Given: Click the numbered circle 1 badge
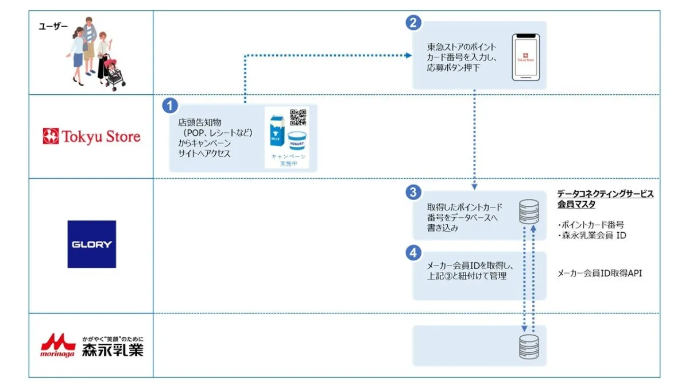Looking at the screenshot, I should tap(169, 106).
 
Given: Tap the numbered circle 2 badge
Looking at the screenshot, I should tap(413, 22).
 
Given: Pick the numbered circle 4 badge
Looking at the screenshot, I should tap(413, 252).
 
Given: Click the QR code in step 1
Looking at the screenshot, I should tap(298, 117).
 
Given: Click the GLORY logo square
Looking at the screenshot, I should tap(92, 244).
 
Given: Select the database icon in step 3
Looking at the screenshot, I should tap(528, 212).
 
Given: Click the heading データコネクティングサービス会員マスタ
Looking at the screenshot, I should tap(605, 199).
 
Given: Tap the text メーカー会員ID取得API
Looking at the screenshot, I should tap(599, 274).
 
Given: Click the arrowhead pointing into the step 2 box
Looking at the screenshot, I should tap(408, 56).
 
